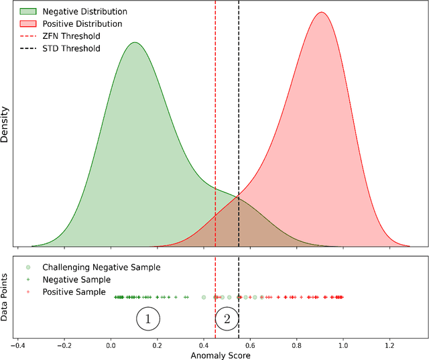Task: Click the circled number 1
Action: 148,320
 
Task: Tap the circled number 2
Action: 227,320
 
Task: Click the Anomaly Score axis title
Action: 221,354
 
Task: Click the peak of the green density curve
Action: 135,42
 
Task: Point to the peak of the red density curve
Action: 322,12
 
